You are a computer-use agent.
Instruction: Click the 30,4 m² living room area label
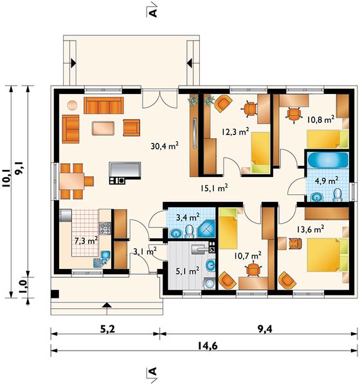click(x=165, y=146)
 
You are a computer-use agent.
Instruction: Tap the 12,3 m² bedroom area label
click(x=235, y=131)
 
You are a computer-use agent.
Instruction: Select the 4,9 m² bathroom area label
click(x=327, y=181)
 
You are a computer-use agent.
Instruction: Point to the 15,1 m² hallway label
click(x=214, y=188)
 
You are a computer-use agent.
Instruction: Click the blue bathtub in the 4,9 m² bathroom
click(x=328, y=160)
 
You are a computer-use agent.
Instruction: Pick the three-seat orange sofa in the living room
click(x=104, y=106)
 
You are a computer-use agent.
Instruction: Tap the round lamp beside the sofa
click(x=72, y=105)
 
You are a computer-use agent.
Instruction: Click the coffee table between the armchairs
click(x=104, y=128)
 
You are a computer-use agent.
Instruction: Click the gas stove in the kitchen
click(x=105, y=228)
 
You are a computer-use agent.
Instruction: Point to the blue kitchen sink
click(x=102, y=259)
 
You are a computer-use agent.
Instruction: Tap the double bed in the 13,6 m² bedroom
click(x=327, y=255)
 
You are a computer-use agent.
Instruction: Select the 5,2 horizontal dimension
click(x=107, y=329)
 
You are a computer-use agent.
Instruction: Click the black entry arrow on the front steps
click(x=107, y=305)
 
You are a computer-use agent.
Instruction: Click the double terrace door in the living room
click(x=160, y=99)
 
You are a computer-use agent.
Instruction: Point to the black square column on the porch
click(x=55, y=294)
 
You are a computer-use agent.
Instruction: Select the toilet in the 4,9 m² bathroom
click(x=337, y=195)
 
